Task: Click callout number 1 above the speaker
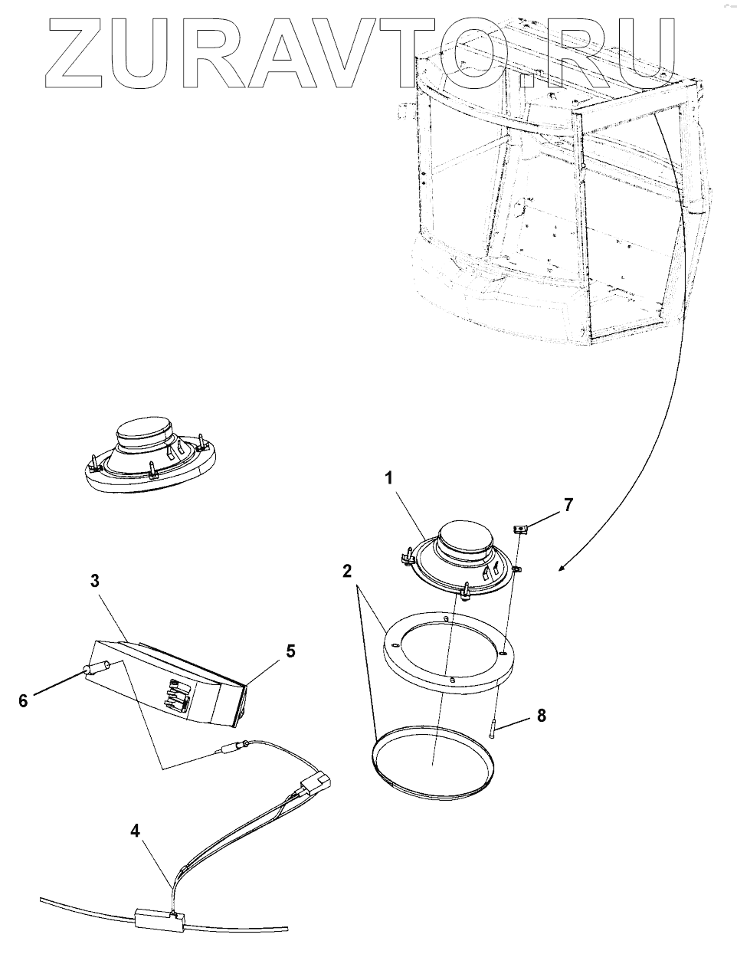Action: pyautogui.click(x=389, y=479)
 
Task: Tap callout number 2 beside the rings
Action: pyautogui.click(x=347, y=571)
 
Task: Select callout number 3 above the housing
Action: pyautogui.click(x=95, y=581)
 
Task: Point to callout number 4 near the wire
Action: pyautogui.click(x=135, y=829)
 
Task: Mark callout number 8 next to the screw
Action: pyautogui.click(x=541, y=716)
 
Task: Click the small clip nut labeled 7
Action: pyautogui.click(x=521, y=527)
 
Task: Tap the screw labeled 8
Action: pyautogui.click(x=490, y=727)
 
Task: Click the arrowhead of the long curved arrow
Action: pyautogui.click(x=562, y=569)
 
